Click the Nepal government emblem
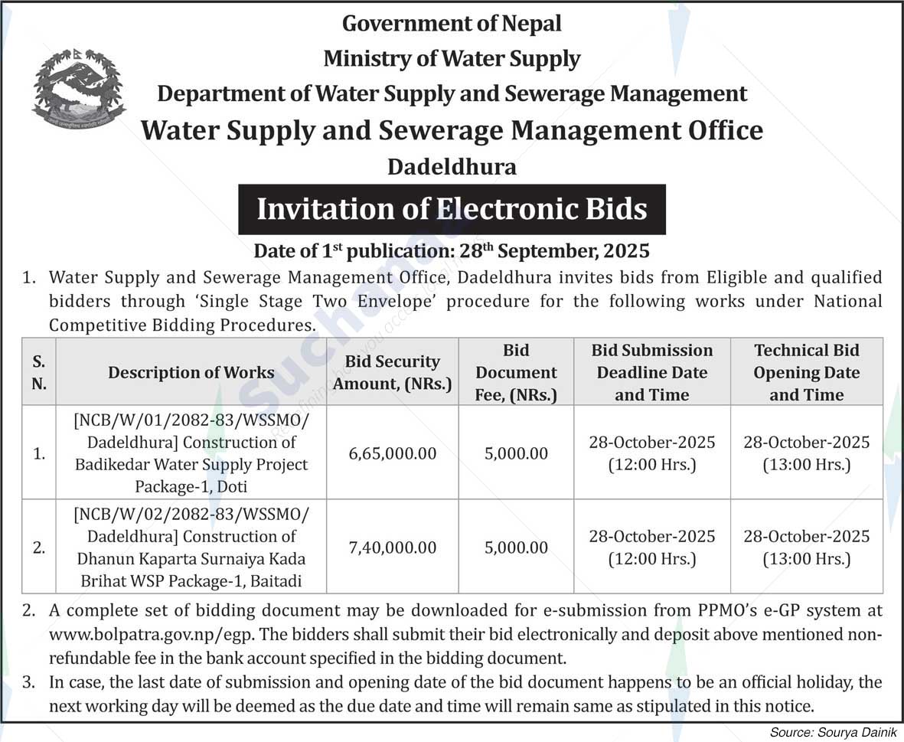coord(78,89)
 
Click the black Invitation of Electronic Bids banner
coord(452,209)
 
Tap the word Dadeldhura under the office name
coord(452,167)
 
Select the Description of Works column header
coord(191,373)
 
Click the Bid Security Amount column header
coord(392,373)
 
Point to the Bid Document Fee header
coord(516,373)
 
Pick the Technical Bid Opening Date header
coord(806,373)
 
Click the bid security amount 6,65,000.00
coord(392,453)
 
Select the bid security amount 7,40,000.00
coord(392,548)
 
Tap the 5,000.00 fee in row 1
coord(516,453)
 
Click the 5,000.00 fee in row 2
coord(516,548)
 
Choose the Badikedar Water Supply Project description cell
coord(191,453)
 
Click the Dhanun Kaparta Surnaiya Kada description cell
coord(191,548)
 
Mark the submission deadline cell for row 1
coord(652,453)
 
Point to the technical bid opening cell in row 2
coord(806,548)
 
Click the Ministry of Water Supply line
coord(452,58)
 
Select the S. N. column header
coord(38,373)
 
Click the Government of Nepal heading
coord(452,24)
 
